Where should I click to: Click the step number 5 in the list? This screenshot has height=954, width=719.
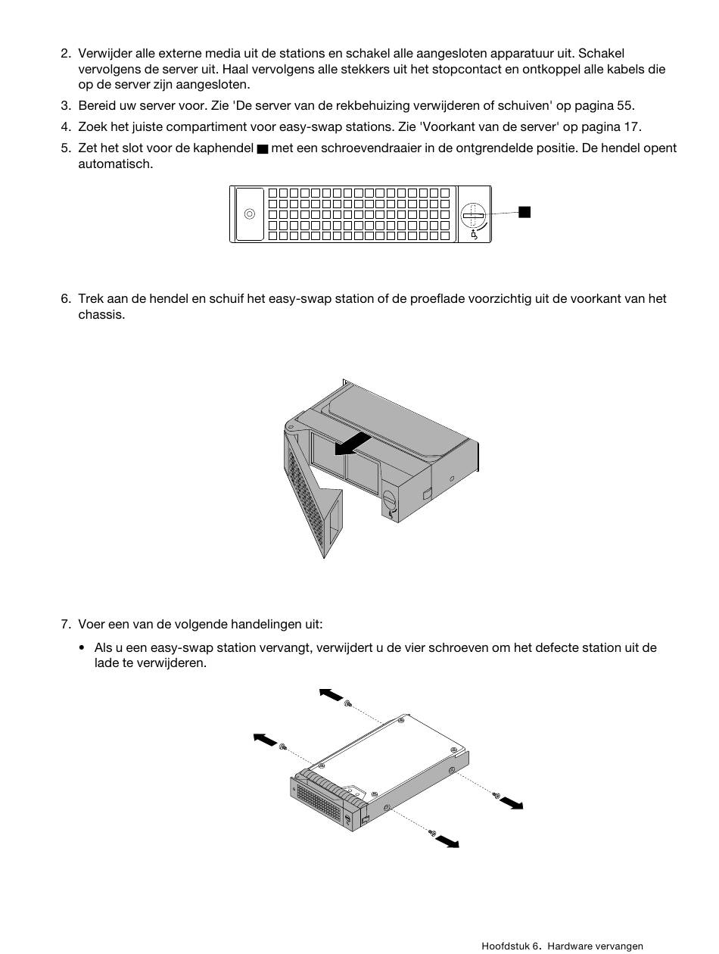(65, 148)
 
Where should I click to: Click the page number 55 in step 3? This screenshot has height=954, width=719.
(626, 106)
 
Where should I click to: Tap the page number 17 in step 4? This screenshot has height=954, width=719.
(632, 127)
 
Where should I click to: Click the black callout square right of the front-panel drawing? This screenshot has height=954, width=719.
(524, 212)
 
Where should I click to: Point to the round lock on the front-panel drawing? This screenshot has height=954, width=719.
(473, 214)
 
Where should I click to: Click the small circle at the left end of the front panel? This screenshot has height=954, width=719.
(249, 214)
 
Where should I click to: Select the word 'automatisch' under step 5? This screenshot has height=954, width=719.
(114, 164)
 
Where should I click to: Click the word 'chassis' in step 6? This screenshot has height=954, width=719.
(101, 315)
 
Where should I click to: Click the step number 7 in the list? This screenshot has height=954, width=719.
(65, 625)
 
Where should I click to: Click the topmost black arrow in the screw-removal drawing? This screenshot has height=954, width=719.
(331, 694)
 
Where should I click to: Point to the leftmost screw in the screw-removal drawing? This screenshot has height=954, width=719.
(282, 747)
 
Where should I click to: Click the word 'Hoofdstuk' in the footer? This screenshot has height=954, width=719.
(505, 946)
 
